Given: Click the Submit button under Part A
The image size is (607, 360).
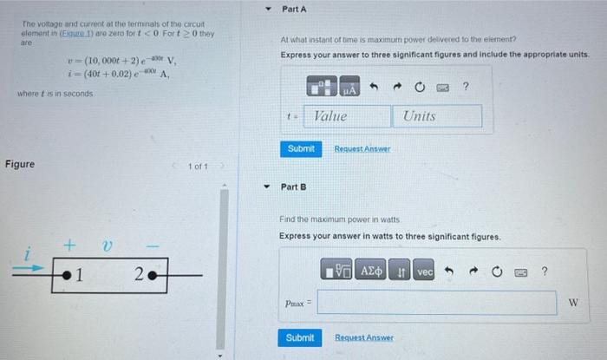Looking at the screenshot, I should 301,148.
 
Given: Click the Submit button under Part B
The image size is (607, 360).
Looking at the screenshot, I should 300,337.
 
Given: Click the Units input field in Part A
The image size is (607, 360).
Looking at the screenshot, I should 439,116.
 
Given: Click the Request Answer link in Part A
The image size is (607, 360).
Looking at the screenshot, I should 362,149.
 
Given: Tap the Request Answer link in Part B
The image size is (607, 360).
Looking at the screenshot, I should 364,337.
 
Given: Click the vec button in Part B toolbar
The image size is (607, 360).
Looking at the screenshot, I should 424,272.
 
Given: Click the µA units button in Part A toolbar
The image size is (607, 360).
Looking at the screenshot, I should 349,88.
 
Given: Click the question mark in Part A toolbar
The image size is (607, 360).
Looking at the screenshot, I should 466,87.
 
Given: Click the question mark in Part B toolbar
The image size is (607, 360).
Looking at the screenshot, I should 544,272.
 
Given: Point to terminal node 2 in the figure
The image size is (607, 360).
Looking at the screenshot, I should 150,277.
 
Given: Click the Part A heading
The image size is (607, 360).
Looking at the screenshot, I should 295,9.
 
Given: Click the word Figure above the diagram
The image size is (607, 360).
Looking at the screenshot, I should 20,164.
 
